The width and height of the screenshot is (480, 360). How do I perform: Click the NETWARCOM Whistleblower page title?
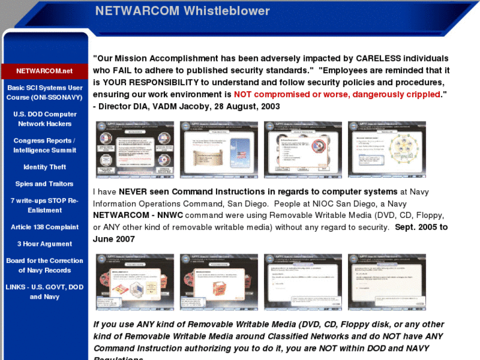(x=182, y=11)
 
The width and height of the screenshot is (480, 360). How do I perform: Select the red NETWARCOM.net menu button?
(x=44, y=71)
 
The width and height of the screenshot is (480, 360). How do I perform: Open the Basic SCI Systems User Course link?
(x=44, y=92)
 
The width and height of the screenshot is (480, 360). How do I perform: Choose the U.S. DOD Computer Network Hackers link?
(x=44, y=119)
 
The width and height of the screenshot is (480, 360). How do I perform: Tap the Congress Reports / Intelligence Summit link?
(x=44, y=145)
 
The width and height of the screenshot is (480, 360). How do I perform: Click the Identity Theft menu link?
(x=44, y=167)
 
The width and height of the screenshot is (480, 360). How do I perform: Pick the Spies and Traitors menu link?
(x=44, y=184)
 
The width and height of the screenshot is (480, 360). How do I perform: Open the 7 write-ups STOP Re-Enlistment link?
(x=44, y=205)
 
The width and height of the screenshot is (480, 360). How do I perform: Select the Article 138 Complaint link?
(x=44, y=227)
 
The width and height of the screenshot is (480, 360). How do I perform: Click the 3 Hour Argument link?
(x=44, y=244)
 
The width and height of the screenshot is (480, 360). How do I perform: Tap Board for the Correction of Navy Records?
(x=44, y=266)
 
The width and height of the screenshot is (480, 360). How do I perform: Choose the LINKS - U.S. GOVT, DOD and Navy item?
(x=44, y=292)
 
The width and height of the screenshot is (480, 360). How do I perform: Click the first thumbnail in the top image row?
(x=135, y=149)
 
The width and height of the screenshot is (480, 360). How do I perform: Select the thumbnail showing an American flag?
(x=219, y=149)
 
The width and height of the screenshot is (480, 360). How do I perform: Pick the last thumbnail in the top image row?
(x=387, y=149)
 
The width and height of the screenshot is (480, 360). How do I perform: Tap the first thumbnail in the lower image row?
(x=135, y=282)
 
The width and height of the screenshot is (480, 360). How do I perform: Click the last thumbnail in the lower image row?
(x=387, y=282)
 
